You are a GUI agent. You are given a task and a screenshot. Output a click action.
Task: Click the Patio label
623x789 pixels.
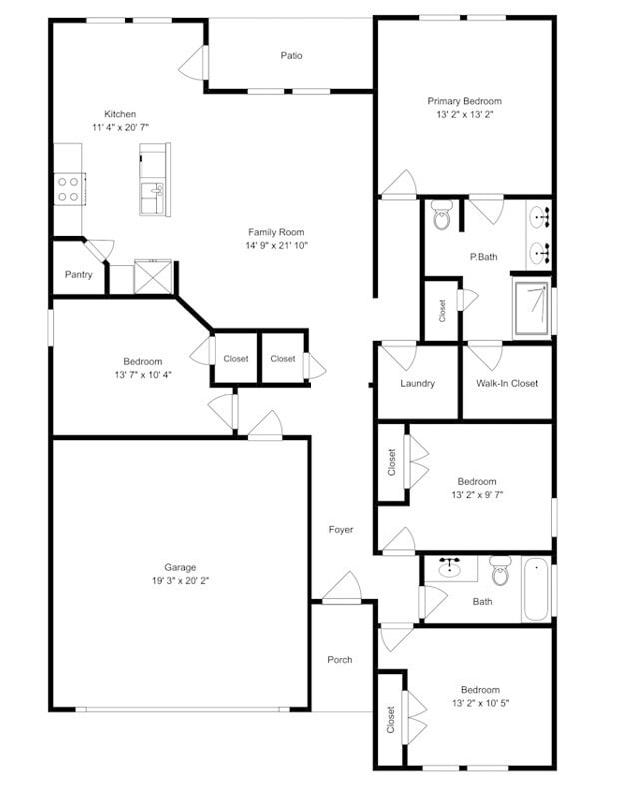291,56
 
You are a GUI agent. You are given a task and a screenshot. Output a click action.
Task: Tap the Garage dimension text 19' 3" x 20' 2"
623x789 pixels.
180,581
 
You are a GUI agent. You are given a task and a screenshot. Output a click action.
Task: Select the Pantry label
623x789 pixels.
78,275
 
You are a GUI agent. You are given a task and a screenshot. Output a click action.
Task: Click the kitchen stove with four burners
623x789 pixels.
68,189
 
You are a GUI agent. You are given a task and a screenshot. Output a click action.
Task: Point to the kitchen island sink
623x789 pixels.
154,189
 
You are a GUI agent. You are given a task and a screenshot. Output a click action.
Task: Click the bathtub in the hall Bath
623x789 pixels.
536,590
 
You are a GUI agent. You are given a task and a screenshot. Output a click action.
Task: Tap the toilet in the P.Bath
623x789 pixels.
442,216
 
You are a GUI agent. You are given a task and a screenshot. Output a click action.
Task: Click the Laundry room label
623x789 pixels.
417,383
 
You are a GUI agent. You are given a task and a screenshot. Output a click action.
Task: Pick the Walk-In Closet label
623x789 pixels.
506,383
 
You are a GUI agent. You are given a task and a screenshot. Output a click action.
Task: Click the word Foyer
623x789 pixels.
341,530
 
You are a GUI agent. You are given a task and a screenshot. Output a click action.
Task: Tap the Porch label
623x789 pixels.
340,660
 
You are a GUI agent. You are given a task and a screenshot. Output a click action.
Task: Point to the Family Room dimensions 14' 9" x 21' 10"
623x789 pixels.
276,246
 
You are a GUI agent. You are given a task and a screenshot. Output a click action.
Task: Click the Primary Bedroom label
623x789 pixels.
464,101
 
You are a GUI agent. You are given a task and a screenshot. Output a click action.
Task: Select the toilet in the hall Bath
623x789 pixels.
500,572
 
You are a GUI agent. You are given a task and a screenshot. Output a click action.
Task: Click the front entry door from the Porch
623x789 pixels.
341,590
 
